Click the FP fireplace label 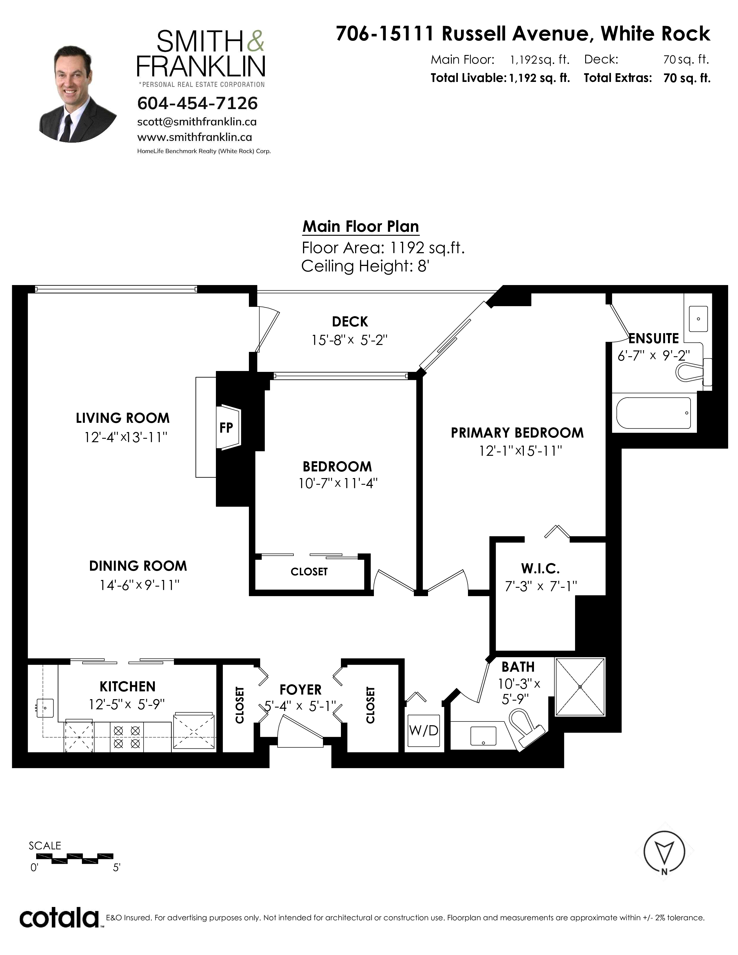[x=226, y=428]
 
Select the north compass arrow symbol [x=664, y=851]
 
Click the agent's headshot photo [x=78, y=93]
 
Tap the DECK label [x=350, y=322]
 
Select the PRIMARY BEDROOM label [x=517, y=433]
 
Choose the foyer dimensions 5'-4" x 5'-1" [x=300, y=706]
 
